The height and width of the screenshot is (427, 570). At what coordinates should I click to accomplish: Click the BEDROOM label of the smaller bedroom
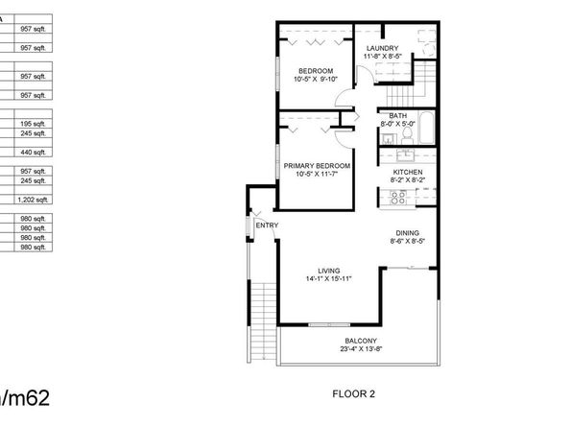click(315, 71)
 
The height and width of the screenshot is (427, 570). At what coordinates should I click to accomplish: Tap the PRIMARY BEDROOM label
click(317, 166)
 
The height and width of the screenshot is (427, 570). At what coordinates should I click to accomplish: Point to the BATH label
click(396, 116)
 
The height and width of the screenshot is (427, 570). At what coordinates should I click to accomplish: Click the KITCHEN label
click(408, 172)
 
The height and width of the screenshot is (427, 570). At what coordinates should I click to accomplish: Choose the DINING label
click(408, 233)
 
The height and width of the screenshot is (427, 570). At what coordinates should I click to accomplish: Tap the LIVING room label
click(329, 272)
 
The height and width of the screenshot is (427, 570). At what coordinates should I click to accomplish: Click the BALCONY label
click(362, 342)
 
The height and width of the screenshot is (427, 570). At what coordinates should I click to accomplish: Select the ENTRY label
click(267, 225)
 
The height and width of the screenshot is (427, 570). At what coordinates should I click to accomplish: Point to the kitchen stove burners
click(397, 198)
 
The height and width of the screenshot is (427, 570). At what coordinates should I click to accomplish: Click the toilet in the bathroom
click(406, 135)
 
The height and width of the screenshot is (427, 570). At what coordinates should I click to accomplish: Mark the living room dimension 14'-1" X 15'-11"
click(329, 279)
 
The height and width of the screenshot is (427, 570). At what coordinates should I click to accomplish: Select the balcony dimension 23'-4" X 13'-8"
click(362, 349)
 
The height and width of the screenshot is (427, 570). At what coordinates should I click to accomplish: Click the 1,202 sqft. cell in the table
click(34, 200)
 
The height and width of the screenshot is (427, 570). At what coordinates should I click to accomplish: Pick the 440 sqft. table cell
click(34, 152)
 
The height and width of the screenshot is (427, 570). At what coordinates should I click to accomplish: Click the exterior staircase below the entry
click(258, 317)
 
